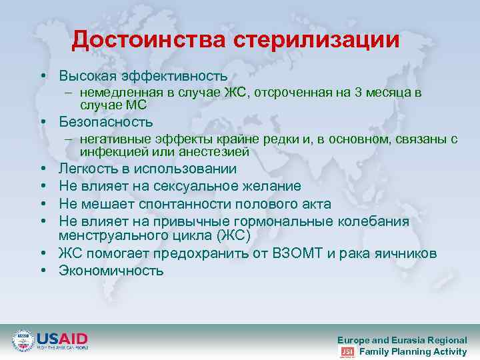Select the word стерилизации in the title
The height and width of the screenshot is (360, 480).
(317, 39)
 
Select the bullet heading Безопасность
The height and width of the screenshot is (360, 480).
(105, 122)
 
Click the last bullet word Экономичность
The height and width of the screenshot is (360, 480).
(111, 271)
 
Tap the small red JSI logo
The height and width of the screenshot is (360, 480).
(347, 352)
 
